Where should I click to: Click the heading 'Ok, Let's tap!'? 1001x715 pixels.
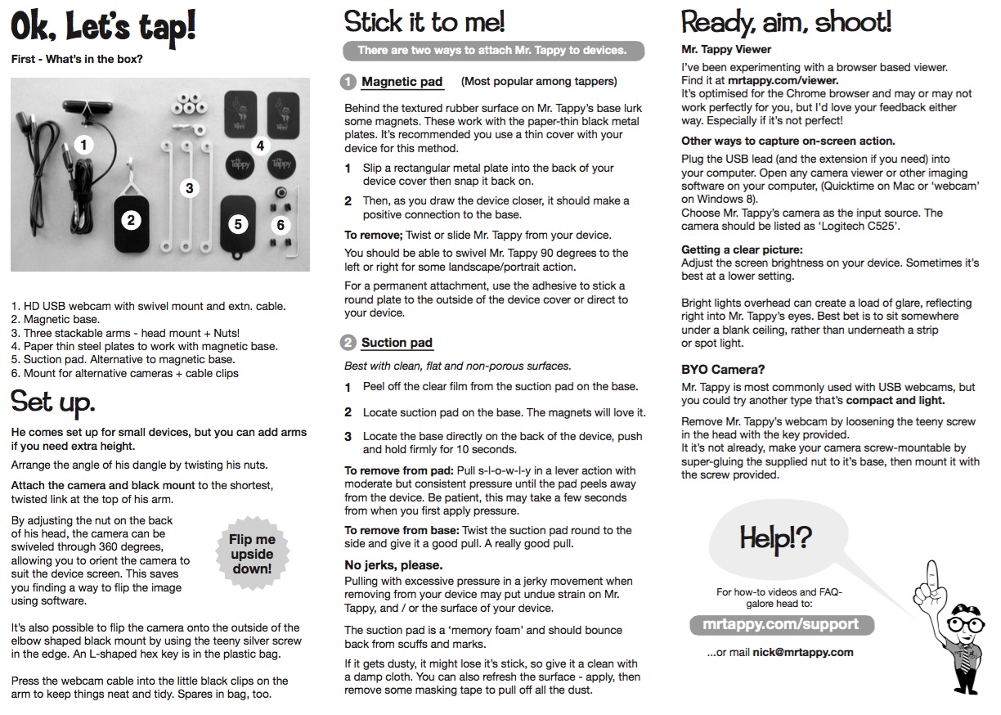point(103,28)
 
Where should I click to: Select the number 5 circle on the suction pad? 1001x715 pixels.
point(238,223)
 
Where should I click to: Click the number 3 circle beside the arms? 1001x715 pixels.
point(190,188)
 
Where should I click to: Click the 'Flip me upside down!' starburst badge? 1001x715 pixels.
point(251,554)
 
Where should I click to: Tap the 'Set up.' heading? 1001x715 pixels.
point(53,402)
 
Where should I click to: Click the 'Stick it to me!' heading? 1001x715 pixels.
point(424,21)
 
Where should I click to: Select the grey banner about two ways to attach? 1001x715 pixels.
point(493,51)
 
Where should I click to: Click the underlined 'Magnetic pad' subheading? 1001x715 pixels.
point(402,82)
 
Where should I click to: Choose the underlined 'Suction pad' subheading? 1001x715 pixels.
point(397,343)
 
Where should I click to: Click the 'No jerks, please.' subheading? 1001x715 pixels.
point(393,565)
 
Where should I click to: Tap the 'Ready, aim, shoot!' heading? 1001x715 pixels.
point(786,21)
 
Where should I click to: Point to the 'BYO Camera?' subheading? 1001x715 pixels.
point(722,370)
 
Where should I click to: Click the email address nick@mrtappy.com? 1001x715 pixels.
point(803,652)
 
